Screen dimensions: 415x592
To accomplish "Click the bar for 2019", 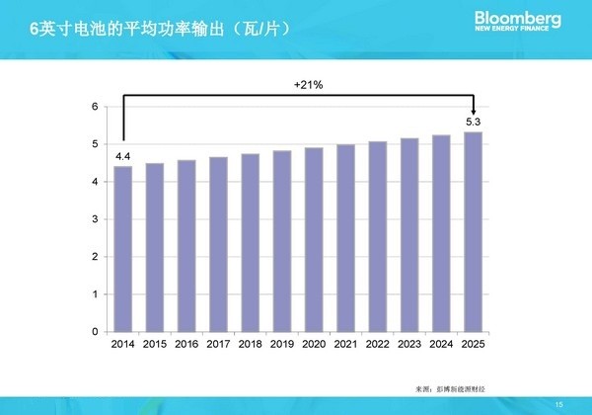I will click(x=282, y=241).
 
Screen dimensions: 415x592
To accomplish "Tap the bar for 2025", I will click(x=475, y=232).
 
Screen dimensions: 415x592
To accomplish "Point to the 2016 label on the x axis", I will click(x=186, y=345).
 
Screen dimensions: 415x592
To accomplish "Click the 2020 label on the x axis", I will click(x=315, y=345).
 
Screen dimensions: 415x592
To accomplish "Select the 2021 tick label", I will click(x=346, y=345).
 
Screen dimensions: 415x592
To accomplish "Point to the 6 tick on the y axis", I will click(x=94, y=107).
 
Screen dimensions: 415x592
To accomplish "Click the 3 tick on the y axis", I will click(x=94, y=219).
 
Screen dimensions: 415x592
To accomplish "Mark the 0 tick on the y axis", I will click(x=94, y=332).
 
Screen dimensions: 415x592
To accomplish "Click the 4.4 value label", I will click(x=123, y=156).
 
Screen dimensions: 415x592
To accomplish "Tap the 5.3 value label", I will click(x=475, y=122).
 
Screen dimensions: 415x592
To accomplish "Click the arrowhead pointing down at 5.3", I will click(x=475, y=110).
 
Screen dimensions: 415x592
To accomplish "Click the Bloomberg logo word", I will click(x=518, y=18).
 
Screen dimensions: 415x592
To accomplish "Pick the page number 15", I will click(x=559, y=402).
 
